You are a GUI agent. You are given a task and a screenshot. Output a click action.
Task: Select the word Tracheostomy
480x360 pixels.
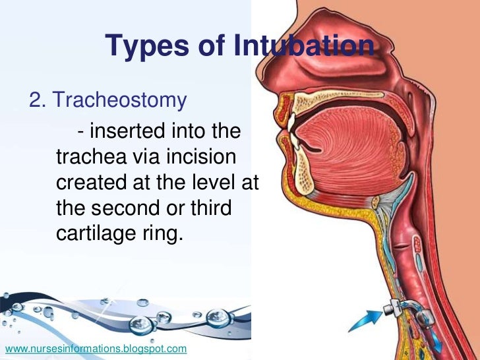click(x=120, y=100)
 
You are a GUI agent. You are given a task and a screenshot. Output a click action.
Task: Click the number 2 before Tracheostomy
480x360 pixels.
click(x=36, y=100)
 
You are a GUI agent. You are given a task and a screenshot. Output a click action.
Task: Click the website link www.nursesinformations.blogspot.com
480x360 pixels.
click(x=96, y=347)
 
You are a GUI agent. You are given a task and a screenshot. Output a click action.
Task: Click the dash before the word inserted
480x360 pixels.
click(x=80, y=133)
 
